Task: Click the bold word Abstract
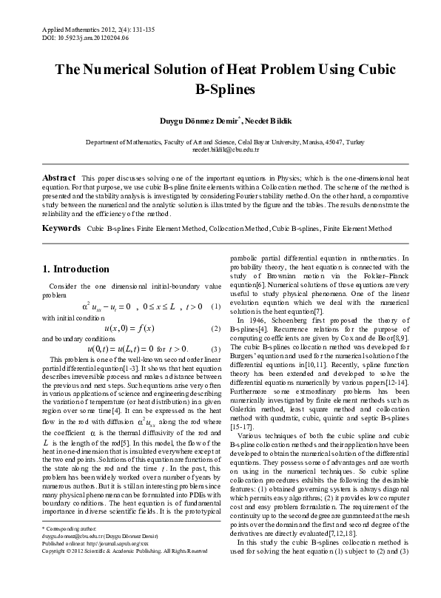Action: point(58,179)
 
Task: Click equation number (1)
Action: point(215,306)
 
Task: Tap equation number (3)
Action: point(215,349)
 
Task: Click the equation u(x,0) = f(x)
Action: point(128,328)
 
